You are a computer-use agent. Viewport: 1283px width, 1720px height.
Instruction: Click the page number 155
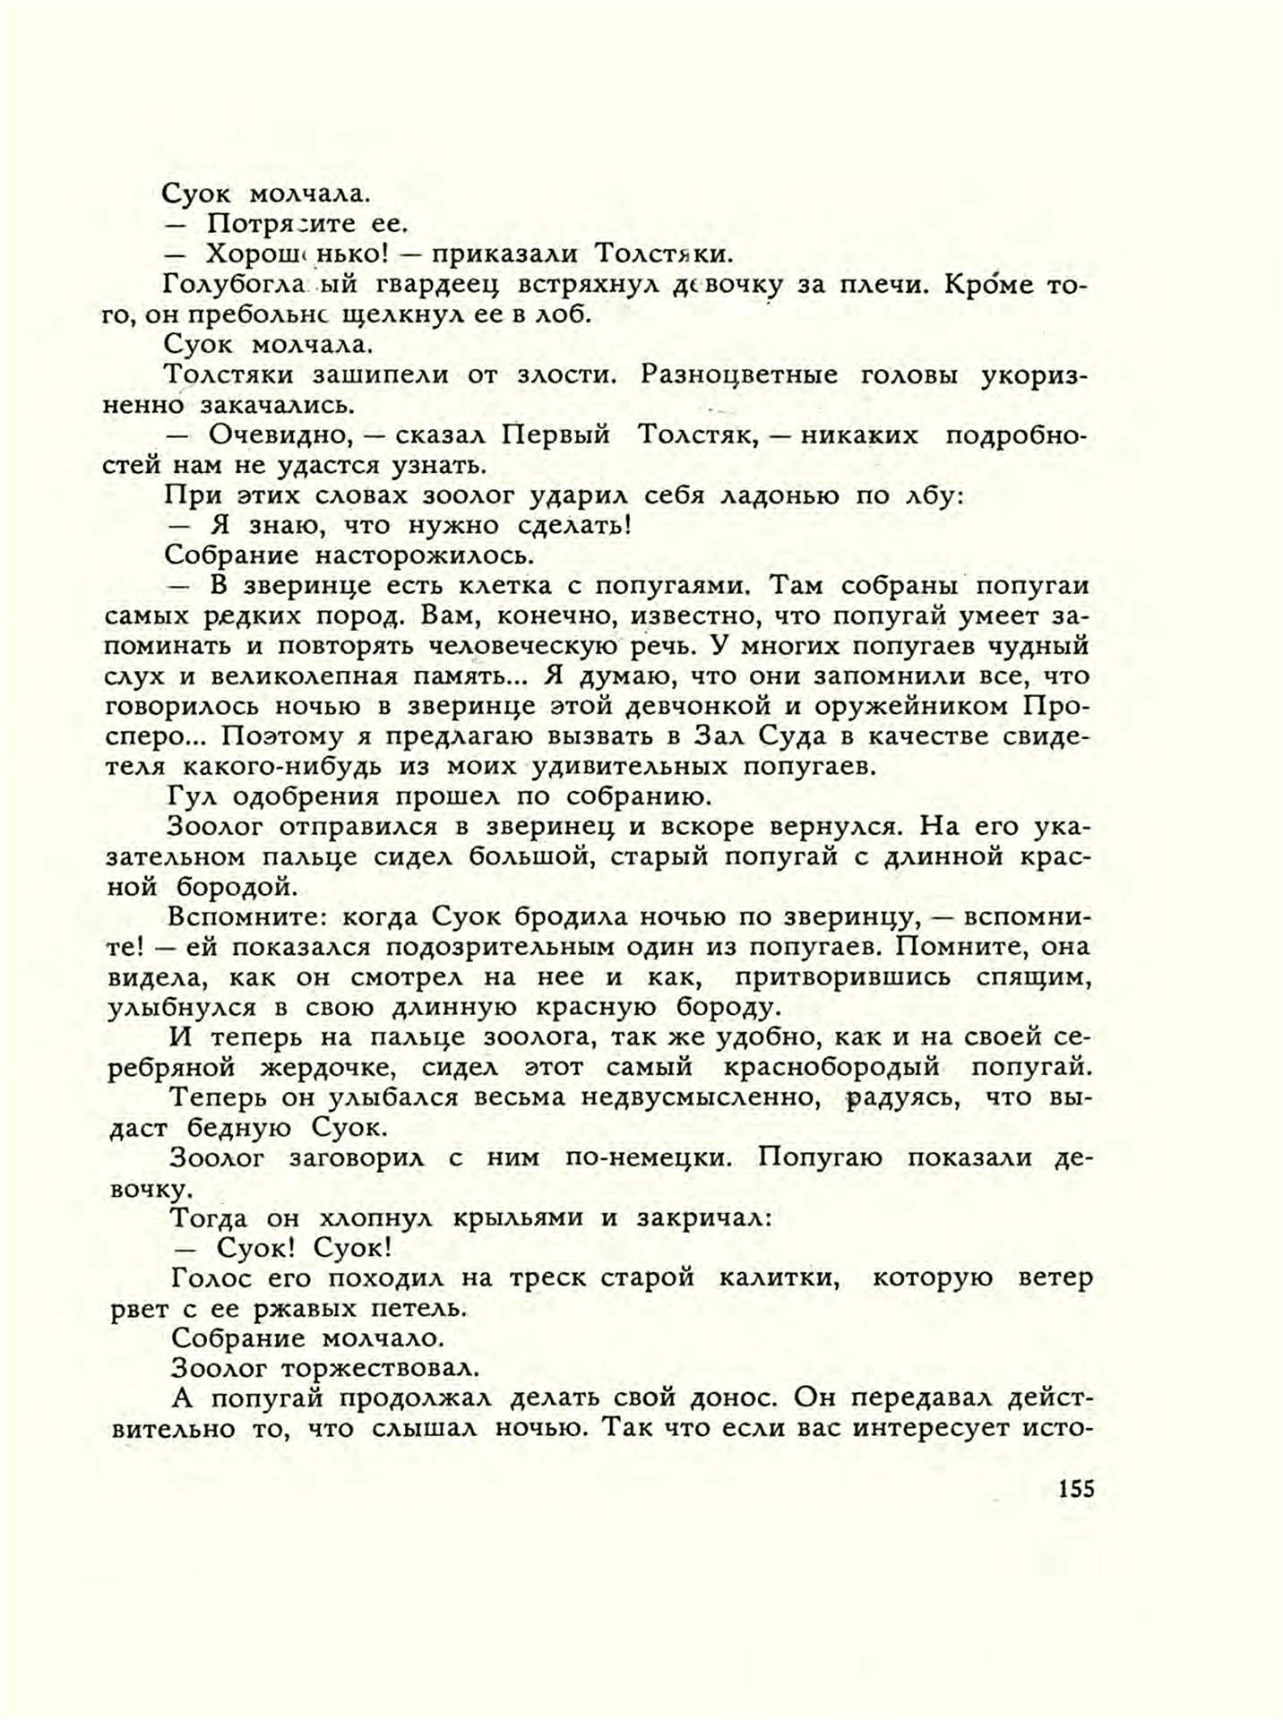click(1075, 1489)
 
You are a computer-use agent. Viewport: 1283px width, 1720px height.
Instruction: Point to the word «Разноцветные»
click(738, 375)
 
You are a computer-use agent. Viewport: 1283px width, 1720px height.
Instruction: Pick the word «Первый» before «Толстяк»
click(555, 435)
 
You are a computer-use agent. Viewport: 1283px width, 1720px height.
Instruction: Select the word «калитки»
click(779, 1278)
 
